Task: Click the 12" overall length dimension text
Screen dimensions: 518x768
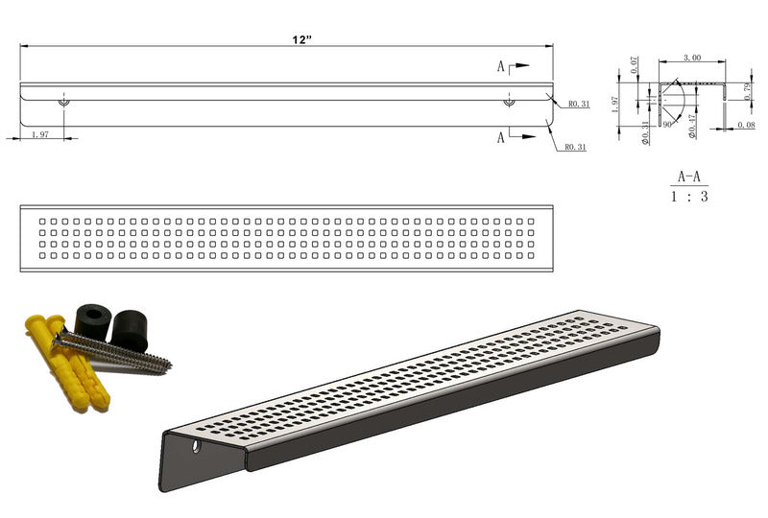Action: [x=302, y=40]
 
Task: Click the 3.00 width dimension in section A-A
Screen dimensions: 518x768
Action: [x=691, y=58]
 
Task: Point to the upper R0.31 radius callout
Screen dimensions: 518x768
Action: [x=578, y=105]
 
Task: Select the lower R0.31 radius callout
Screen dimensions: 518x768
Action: [x=575, y=147]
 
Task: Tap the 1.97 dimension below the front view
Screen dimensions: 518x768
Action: [x=40, y=134]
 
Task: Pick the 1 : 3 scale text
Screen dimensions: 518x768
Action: [x=689, y=197]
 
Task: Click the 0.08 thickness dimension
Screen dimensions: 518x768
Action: [x=745, y=125]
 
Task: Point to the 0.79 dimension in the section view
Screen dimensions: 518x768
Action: [x=748, y=91]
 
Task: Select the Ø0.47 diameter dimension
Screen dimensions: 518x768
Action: [x=692, y=127]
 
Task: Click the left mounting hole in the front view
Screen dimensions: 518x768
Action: [x=63, y=101]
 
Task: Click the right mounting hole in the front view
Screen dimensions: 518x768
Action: [x=509, y=101]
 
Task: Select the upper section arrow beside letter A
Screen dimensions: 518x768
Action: [x=518, y=66]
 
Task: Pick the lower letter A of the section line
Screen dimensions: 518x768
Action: [x=501, y=138]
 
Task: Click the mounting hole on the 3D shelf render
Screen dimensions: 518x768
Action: [x=198, y=447]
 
